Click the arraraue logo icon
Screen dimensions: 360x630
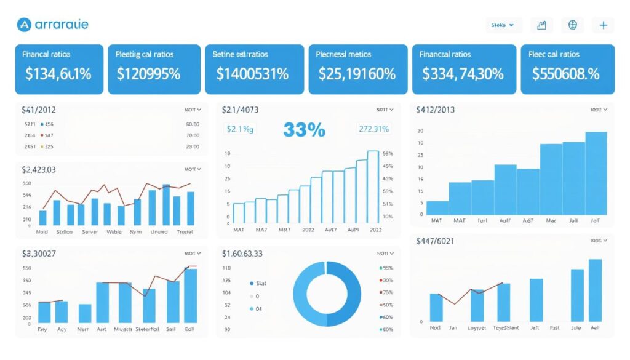click(x=25, y=25)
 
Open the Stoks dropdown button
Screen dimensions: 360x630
click(x=503, y=25)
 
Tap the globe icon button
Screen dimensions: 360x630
click(x=573, y=25)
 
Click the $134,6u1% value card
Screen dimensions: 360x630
click(x=58, y=74)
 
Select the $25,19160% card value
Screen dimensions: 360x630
click(x=357, y=74)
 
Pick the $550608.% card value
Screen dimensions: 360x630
click(x=566, y=74)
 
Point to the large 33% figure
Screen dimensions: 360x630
click(x=304, y=130)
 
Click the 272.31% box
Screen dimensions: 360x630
click(x=373, y=129)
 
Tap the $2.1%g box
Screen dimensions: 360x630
click(x=241, y=129)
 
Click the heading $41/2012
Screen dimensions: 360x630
click(x=39, y=110)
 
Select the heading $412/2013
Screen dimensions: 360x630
click(x=435, y=110)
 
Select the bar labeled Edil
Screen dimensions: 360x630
click(x=191, y=296)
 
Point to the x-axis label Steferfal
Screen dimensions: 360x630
click(x=147, y=330)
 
